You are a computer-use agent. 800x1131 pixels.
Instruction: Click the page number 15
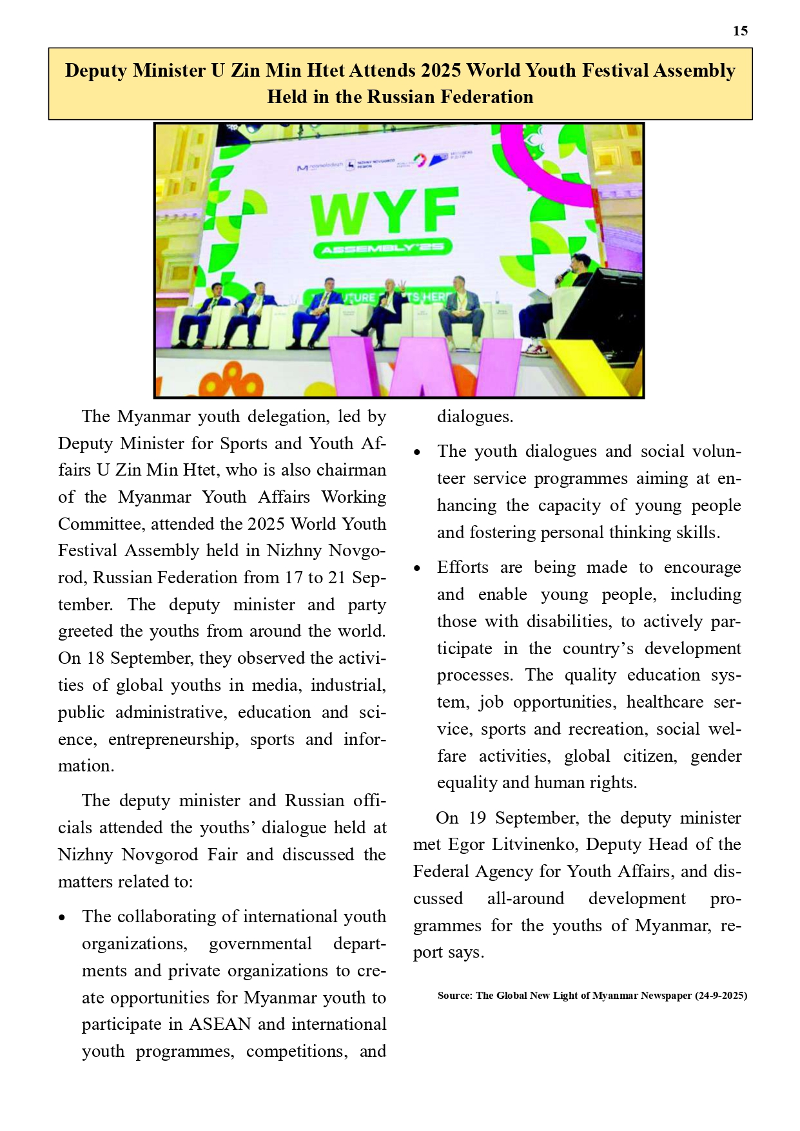pyautogui.click(x=740, y=31)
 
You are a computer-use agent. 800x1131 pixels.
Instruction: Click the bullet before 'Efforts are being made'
pyautogui.click(x=418, y=568)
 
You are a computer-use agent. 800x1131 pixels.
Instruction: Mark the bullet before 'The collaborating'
pyautogui.click(x=63, y=918)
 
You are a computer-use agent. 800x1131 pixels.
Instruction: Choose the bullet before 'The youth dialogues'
pyautogui.click(x=418, y=452)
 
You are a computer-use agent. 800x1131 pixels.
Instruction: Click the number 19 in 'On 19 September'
pyautogui.click(x=477, y=818)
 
